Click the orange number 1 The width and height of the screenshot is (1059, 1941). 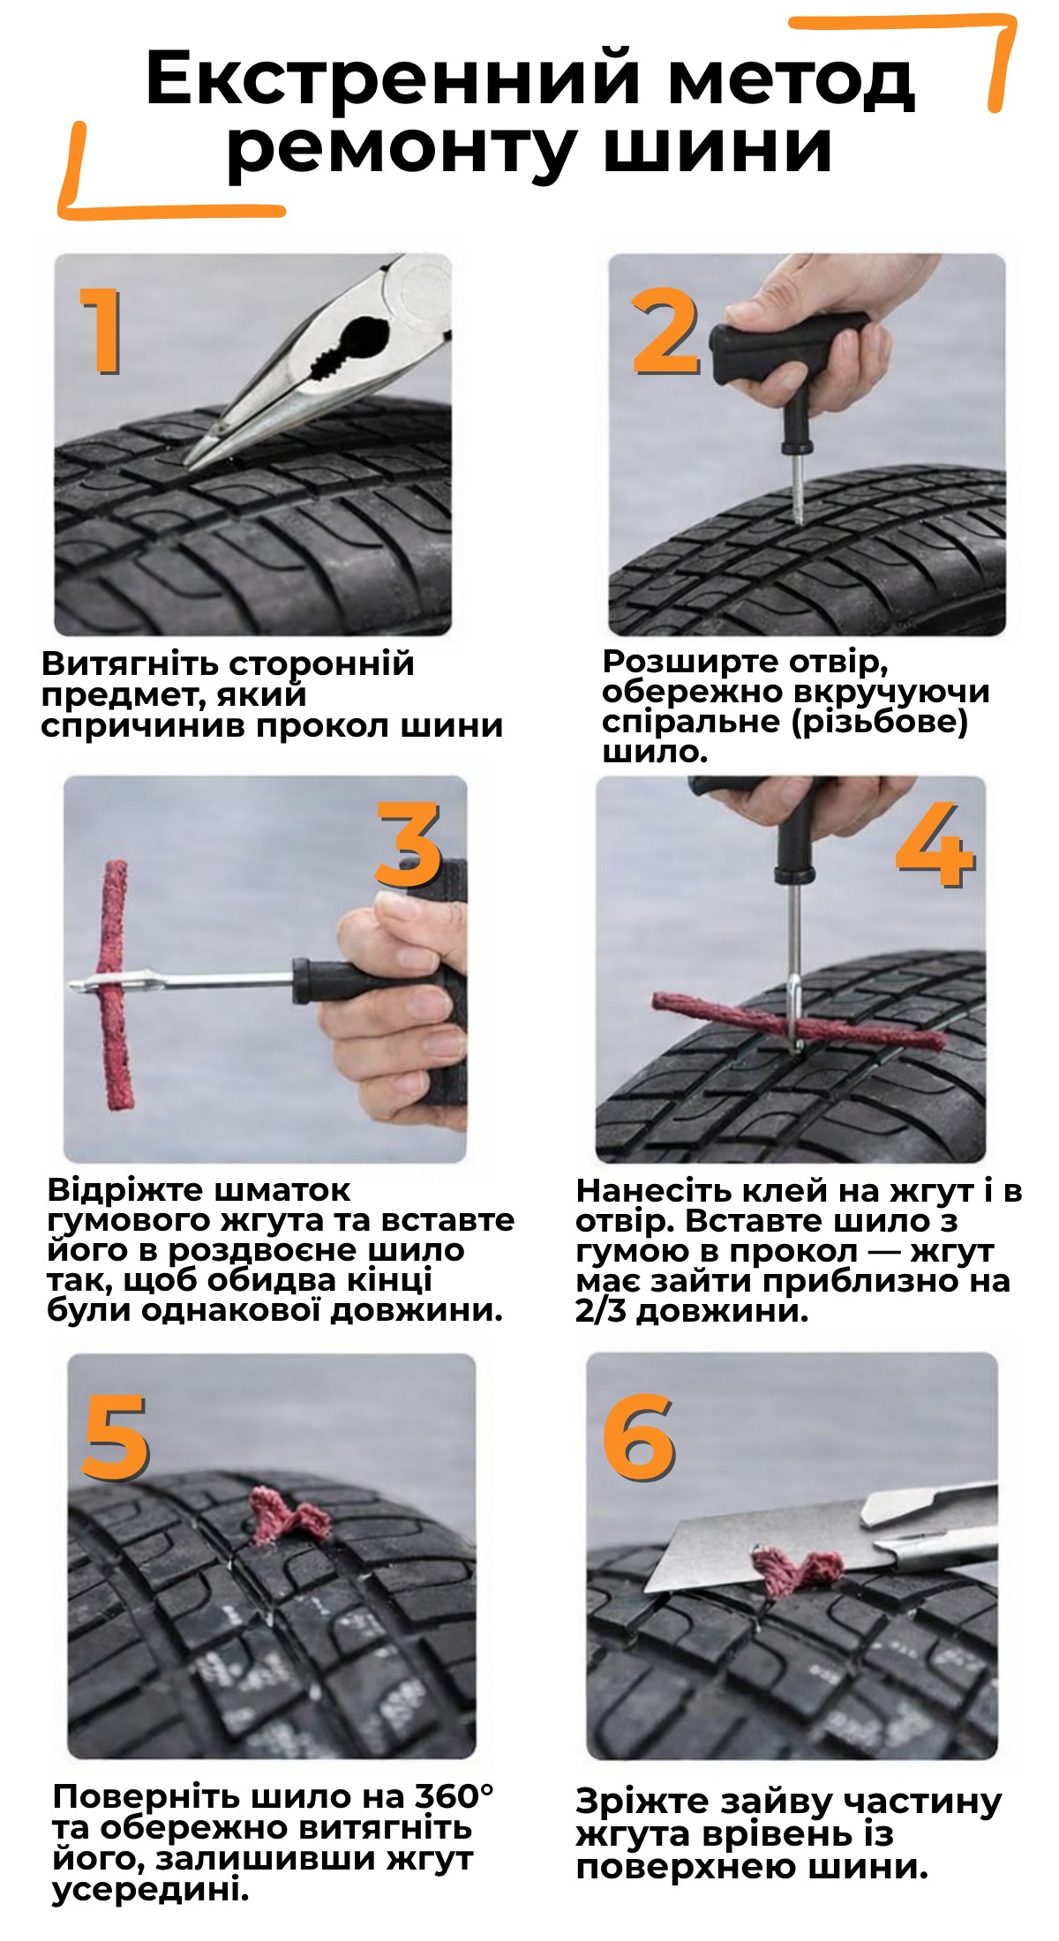click(x=104, y=329)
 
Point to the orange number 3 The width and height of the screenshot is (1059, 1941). click(x=408, y=843)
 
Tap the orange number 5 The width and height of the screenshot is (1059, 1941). click(x=116, y=1438)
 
